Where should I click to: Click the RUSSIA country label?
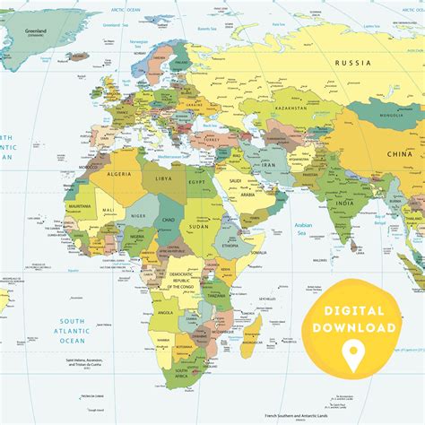tap(351, 63)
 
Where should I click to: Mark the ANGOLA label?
tap(167, 313)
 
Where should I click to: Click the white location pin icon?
tap(353, 352)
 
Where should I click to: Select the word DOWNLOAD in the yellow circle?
tap(353, 328)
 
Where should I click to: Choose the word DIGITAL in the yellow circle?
tap(353, 310)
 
